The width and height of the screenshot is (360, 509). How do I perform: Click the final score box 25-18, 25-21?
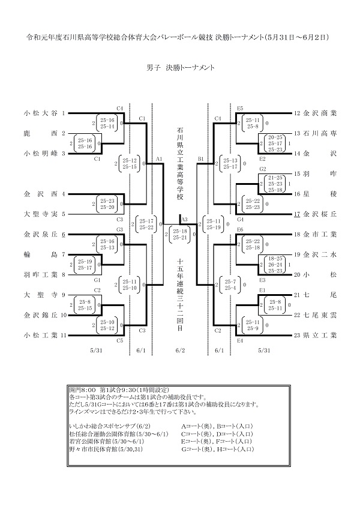(180, 234)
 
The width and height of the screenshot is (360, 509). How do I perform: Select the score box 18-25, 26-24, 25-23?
(275, 264)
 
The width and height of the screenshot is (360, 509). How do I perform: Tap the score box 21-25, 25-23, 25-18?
(275, 183)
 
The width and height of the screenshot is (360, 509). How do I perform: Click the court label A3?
(184, 220)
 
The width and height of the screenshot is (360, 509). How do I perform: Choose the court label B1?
(201, 159)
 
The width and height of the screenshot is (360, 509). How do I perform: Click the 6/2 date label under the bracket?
(180, 351)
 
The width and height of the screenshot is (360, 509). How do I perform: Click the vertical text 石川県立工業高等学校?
(180, 162)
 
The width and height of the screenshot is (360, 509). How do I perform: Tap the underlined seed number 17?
(296, 214)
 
